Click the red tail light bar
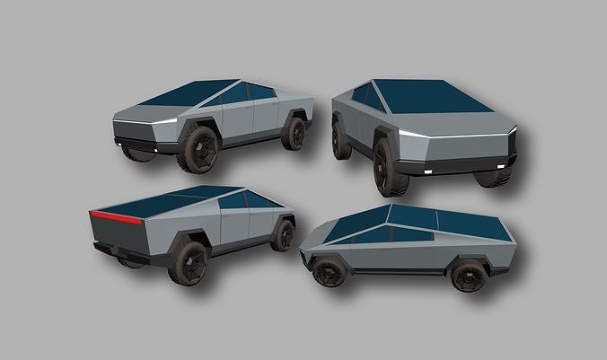click(x=116, y=217)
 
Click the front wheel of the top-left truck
click(x=198, y=148)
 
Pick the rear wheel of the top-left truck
click(x=294, y=132)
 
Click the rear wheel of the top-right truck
click(x=341, y=139)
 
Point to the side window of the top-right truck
click(x=368, y=96)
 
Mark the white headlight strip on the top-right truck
click(x=413, y=135)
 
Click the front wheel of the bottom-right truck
click(x=330, y=269)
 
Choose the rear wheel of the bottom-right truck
click(x=469, y=275)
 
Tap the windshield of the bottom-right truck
click(x=359, y=224)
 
